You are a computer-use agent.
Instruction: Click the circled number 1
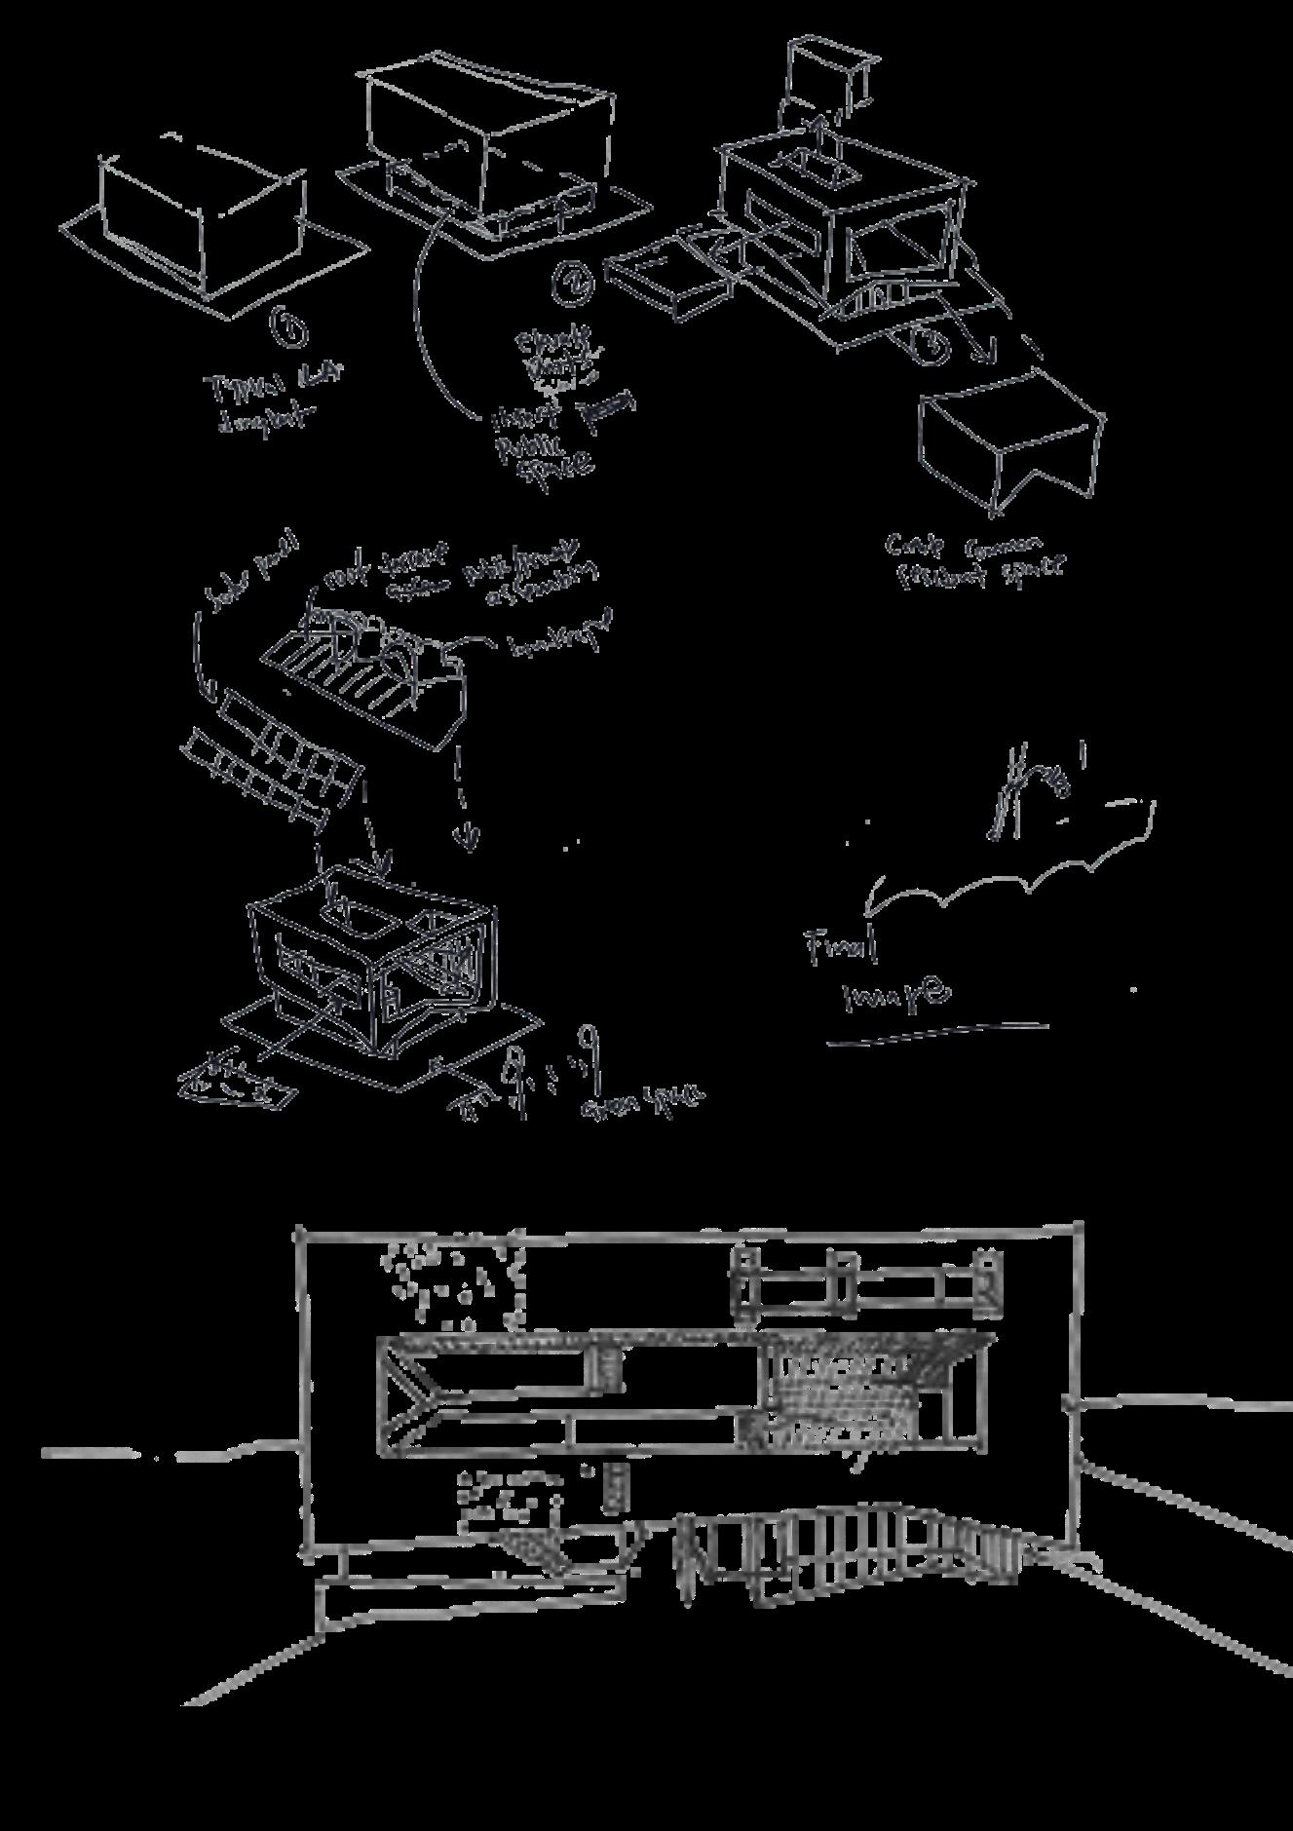(x=289, y=328)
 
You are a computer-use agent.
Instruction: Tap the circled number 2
(x=572, y=281)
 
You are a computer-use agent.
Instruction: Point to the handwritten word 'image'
(x=894, y=995)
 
